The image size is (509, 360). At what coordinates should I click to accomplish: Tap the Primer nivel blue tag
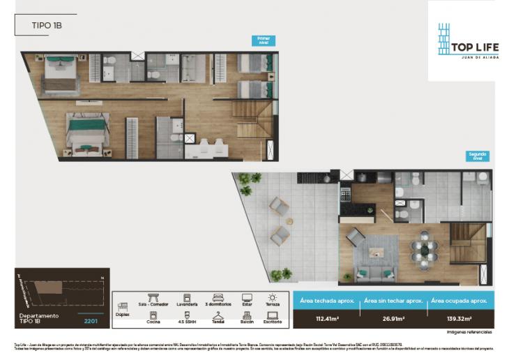pyautogui.click(x=265, y=40)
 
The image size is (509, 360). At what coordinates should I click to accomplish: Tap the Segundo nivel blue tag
pyautogui.click(x=478, y=156)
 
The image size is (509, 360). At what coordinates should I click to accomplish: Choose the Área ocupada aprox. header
pyautogui.click(x=457, y=300)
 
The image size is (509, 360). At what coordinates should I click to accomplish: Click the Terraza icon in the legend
pyautogui.click(x=272, y=298)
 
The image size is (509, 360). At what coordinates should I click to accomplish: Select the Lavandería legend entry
pyautogui.click(x=187, y=300)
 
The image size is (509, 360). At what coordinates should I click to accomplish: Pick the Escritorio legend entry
pyautogui.click(x=272, y=318)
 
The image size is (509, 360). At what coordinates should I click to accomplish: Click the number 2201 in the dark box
pyautogui.click(x=91, y=322)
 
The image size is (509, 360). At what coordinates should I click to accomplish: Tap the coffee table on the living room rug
pyautogui.click(x=377, y=253)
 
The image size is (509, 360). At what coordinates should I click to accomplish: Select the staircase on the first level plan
pyautogui.click(x=252, y=119)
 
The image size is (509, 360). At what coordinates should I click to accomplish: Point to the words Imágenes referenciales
pyautogui.click(x=470, y=331)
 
